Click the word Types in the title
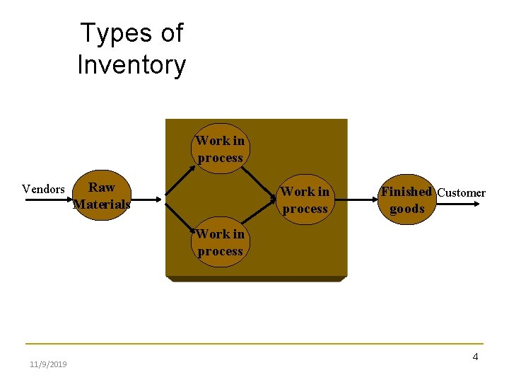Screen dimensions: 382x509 pos(115,33)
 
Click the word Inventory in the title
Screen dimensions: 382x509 pos(131,65)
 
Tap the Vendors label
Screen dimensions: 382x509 pos(43,189)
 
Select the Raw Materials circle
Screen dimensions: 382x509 pos(101,197)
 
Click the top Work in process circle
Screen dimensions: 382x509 pos(220,149)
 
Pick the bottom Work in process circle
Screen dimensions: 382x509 pos(220,243)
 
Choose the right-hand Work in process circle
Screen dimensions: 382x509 pos(305,200)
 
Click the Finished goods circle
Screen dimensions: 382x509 pos(406,200)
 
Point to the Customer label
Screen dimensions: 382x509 pos(462,192)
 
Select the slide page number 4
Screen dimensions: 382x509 pos(475,357)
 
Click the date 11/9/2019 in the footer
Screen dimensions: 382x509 pos(48,364)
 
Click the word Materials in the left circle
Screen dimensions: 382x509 pos(102,205)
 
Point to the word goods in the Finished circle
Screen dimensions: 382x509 pos(407,209)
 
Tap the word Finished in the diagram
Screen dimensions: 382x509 pos(406,191)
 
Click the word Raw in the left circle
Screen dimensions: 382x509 pos(102,187)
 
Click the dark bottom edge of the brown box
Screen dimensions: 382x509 pos(256,279)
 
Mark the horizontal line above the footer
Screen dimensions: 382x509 pos(255,344)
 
